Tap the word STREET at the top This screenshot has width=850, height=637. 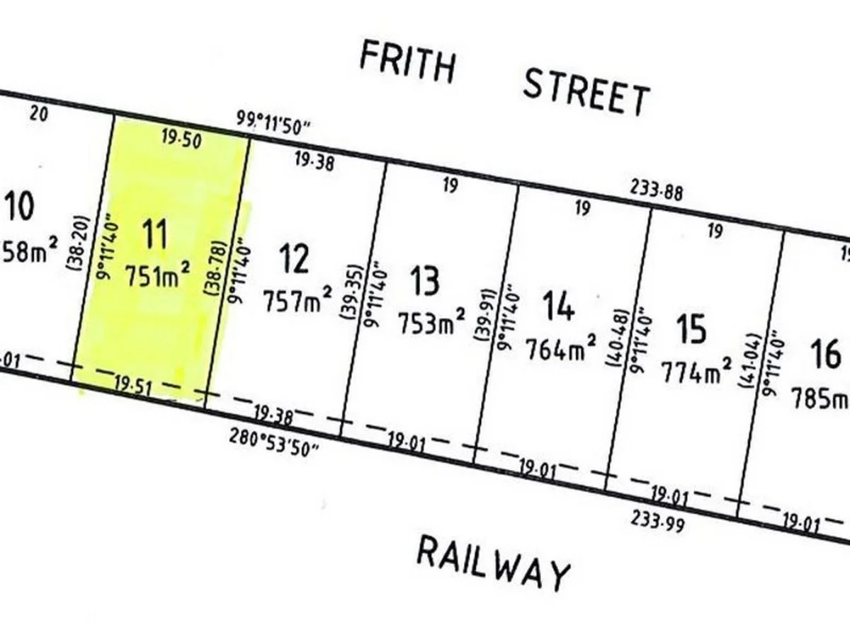(x=586, y=93)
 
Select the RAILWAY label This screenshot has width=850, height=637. (x=493, y=563)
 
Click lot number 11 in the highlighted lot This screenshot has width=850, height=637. (x=155, y=234)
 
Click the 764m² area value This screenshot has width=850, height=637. (x=560, y=348)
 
